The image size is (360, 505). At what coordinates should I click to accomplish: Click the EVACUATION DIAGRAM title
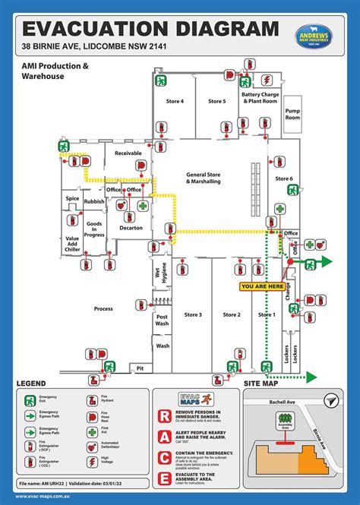point(150,29)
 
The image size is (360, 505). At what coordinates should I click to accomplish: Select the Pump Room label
point(292,114)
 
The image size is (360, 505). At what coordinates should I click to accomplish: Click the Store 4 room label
point(175,101)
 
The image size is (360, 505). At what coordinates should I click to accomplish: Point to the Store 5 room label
point(216,101)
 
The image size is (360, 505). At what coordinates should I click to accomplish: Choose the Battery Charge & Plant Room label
point(259,98)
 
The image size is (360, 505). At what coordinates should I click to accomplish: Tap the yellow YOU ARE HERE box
point(261,286)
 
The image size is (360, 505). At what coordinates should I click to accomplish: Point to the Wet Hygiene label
point(162,275)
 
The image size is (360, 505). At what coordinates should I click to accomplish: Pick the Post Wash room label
point(162,320)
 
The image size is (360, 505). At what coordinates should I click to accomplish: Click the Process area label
point(103,309)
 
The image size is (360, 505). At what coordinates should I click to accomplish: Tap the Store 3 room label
point(193,314)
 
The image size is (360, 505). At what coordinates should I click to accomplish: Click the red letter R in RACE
point(164,416)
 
